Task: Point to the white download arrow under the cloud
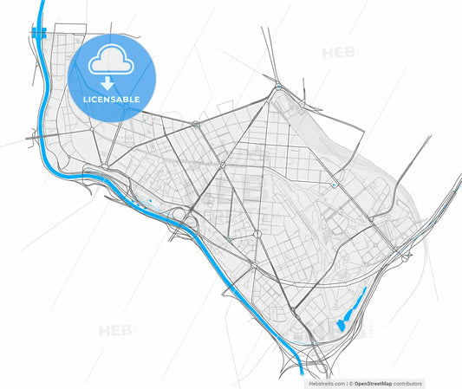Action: coord(108,83)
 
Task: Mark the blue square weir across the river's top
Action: coord(37,34)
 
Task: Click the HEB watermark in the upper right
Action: coord(338,52)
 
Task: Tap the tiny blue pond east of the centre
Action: coord(334,185)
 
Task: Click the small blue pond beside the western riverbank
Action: coord(149,203)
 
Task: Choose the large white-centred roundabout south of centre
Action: coord(257,234)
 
